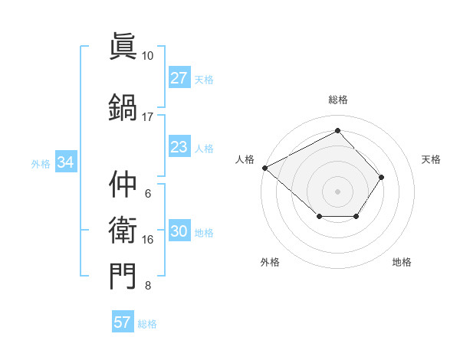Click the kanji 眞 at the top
click(123, 47)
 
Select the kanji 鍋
click(123, 107)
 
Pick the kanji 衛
click(123, 231)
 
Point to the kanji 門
click(123, 277)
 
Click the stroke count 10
click(148, 56)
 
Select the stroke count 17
click(148, 117)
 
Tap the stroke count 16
click(148, 240)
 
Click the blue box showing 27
click(179, 78)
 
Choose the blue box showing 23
click(179, 147)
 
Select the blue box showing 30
click(179, 232)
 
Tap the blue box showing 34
click(65, 162)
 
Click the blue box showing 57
click(123, 322)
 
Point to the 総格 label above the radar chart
click(338, 100)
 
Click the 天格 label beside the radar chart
click(432, 159)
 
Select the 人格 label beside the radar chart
click(245, 159)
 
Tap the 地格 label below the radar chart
click(402, 262)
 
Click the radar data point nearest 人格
click(264, 168)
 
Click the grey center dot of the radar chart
click(338, 191)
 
